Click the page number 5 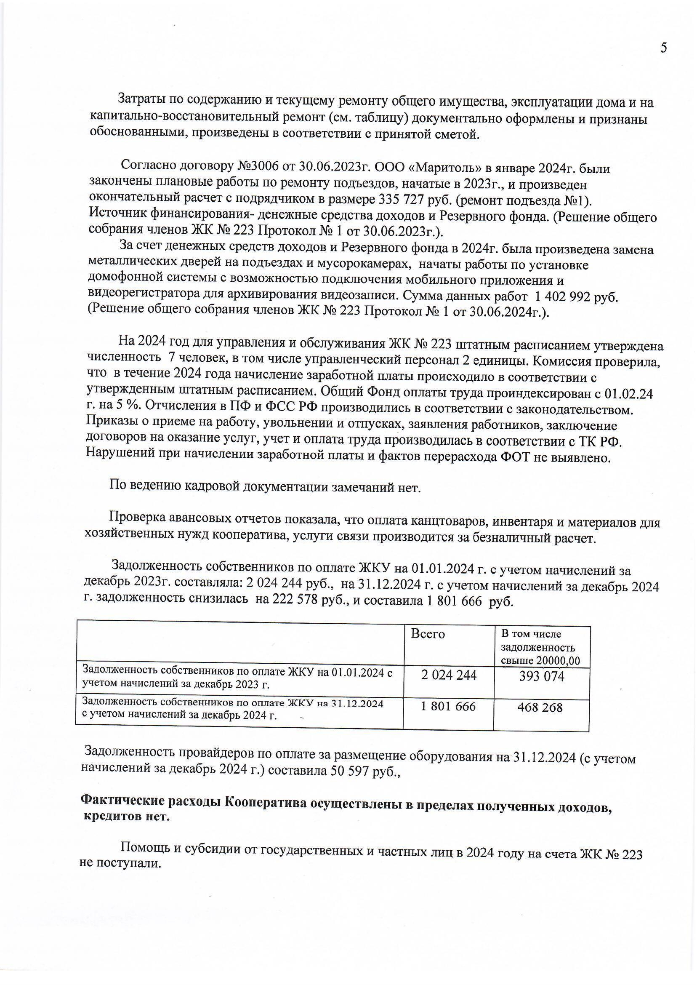[x=663, y=48]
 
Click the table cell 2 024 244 [x=449, y=675]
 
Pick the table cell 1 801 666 [x=448, y=706]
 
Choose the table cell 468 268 [x=540, y=707]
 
